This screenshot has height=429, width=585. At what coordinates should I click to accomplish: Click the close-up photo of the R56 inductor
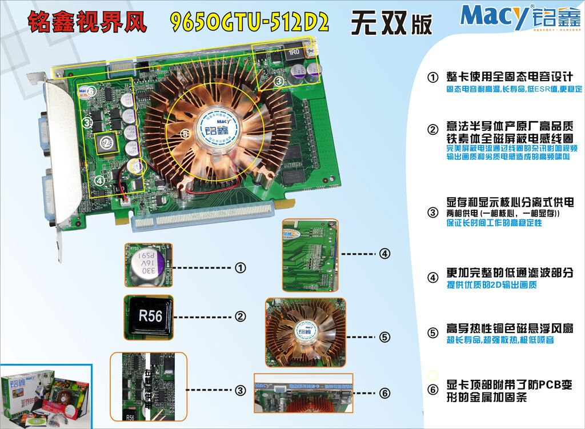coord(148,315)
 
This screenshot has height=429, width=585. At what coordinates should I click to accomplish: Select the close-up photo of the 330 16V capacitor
coord(148,266)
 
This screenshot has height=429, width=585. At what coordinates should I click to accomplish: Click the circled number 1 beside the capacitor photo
coord(241,267)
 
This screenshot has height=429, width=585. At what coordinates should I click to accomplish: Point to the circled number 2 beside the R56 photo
coord(241,316)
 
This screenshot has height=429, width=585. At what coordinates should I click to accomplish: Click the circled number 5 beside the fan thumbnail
coord(384,337)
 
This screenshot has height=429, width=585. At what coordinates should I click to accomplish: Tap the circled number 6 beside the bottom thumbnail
coord(384,393)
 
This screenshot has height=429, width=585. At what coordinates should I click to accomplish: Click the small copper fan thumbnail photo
coord(306,331)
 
